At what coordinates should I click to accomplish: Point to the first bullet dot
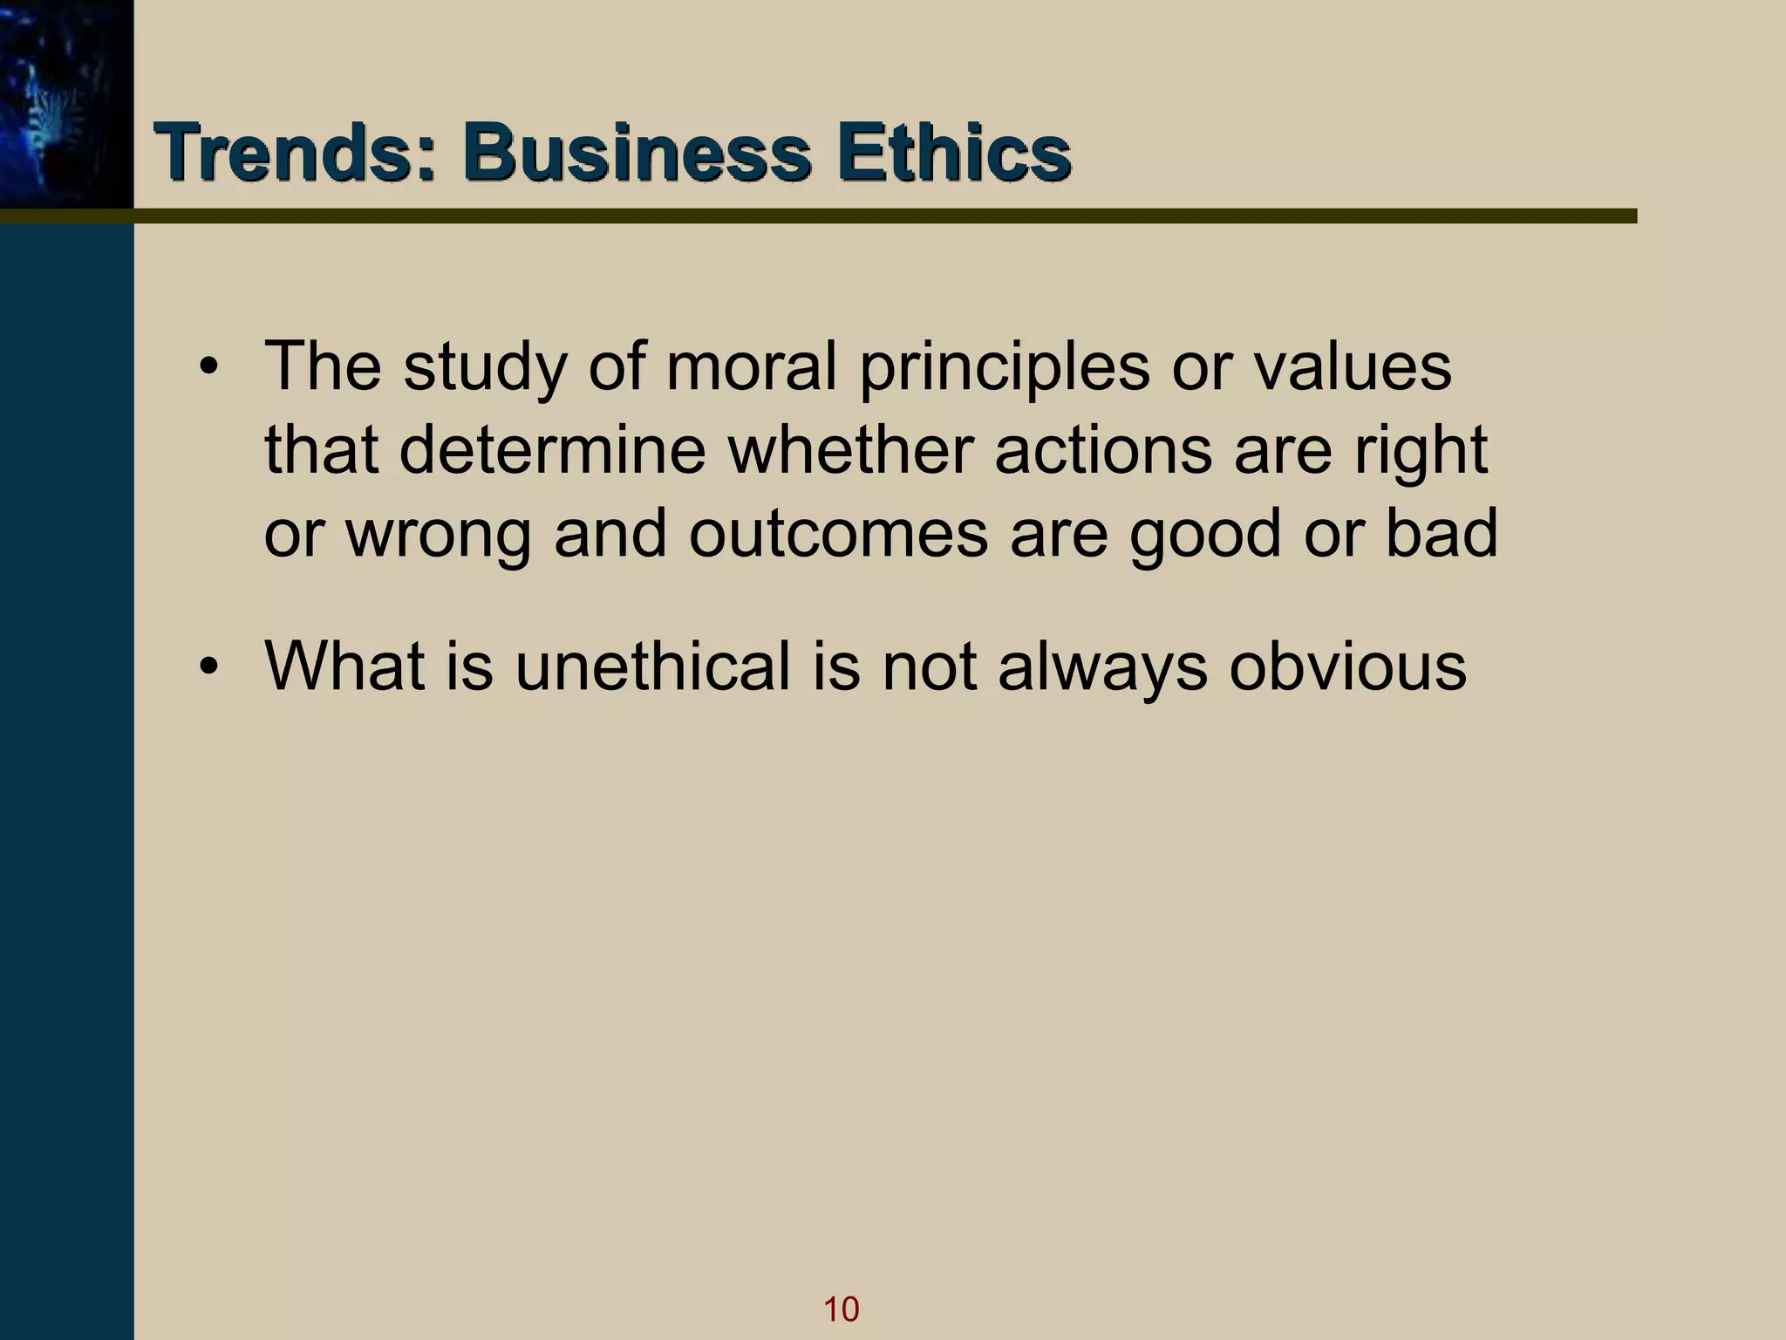tap(208, 368)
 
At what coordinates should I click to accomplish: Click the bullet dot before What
tap(208, 668)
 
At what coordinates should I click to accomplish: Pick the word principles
tap(1004, 368)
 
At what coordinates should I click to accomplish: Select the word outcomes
tap(838, 534)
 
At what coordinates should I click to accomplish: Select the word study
tap(484, 368)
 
